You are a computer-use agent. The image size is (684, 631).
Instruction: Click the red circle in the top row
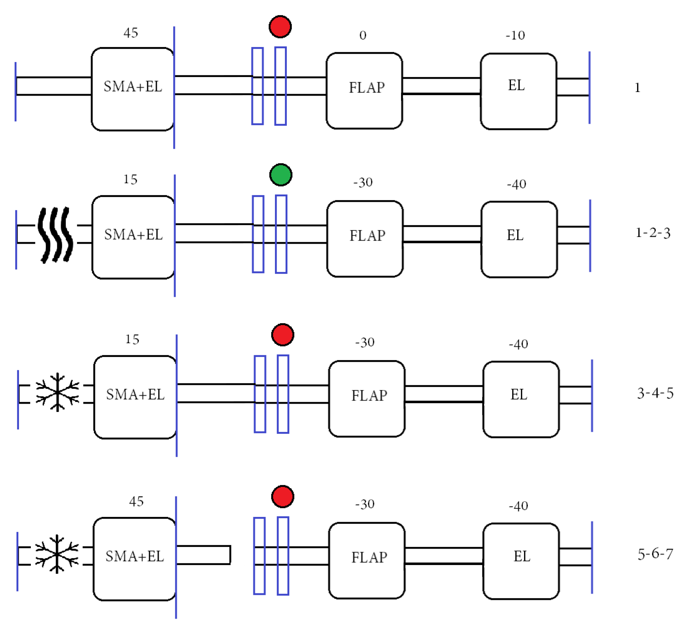[280, 27]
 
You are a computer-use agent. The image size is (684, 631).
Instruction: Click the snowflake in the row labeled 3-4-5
[57, 392]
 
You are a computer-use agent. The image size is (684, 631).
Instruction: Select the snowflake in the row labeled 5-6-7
[57, 554]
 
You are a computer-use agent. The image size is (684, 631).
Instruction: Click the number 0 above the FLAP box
[363, 35]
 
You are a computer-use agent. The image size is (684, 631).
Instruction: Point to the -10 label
[515, 35]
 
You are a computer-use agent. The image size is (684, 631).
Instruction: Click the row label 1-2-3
[653, 233]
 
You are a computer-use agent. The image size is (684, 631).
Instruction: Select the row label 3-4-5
[655, 393]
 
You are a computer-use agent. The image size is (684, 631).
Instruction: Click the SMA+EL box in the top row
[133, 89]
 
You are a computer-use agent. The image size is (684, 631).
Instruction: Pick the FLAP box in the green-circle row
[365, 239]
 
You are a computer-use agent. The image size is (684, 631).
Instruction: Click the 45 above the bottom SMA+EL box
[136, 501]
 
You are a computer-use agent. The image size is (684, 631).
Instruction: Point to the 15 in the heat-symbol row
[130, 179]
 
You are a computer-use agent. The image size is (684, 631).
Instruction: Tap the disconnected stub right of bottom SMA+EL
[204, 555]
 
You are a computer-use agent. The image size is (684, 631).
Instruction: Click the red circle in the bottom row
[283, 497]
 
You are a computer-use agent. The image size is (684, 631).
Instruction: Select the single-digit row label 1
[637, 88]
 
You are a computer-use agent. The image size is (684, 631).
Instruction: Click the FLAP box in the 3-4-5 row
[367, 399]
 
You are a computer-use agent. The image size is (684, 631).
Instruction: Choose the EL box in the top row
[519, 91]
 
